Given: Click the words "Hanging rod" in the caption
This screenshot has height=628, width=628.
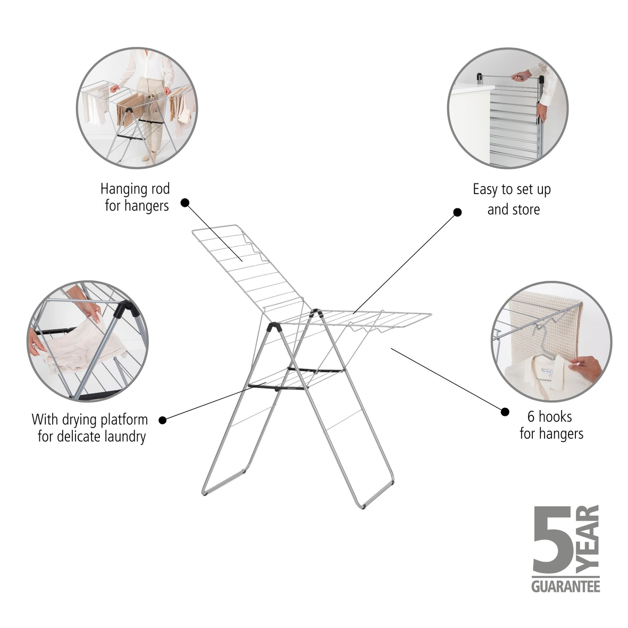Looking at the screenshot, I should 135,189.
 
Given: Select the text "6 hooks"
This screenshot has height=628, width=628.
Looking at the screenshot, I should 549,416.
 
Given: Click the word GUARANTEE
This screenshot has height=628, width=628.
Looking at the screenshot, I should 565,587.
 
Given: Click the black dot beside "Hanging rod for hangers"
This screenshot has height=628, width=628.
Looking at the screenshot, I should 185,203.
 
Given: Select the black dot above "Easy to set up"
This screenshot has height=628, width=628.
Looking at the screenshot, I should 457,212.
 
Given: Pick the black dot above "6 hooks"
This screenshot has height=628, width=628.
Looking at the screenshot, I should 505,411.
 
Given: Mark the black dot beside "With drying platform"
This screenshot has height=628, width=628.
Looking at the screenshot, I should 162,420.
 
